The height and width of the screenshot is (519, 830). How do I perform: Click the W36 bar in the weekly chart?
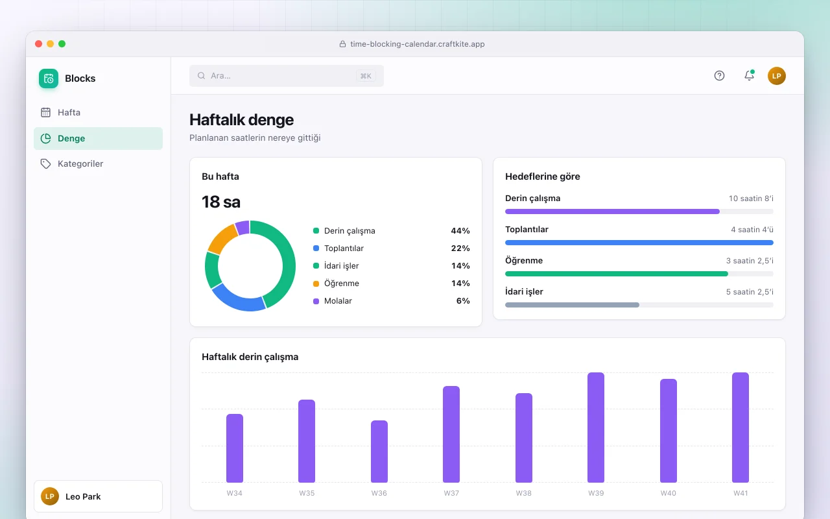click(379, 451)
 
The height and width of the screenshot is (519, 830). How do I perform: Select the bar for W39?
click(596, 428)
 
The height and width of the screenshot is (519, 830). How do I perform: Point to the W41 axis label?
click(741, 493)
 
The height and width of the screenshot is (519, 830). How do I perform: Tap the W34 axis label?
click(234, 493)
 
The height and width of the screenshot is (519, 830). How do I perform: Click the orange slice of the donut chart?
click(222, 238)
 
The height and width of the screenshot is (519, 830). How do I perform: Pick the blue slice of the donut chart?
click(237, 299)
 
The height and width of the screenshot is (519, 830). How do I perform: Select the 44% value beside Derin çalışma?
click(460, 230)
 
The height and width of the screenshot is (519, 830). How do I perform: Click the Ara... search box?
click(287, 76)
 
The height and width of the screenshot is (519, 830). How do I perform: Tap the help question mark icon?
click(719, 76)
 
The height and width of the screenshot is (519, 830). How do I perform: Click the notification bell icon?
click(749, 75)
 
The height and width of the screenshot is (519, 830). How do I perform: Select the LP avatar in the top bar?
click(777, 76)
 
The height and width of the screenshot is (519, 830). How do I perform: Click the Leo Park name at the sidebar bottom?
click(83, 496)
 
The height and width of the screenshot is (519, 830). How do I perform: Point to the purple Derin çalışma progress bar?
click(612, 211)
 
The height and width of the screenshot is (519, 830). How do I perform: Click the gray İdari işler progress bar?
click(572, 305)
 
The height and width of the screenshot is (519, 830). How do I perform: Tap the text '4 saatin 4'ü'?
click(752, 230)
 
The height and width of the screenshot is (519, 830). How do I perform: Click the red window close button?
click(38, 43)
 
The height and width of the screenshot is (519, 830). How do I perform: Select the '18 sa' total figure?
click(221, 202)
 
